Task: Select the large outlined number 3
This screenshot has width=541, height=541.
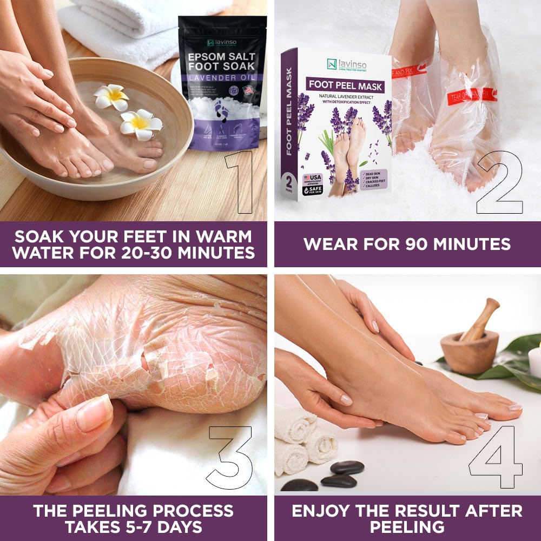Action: point(230,457)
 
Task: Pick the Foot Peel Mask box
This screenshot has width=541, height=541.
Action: point(335,124)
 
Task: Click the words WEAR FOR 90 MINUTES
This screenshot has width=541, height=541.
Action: point(407,244)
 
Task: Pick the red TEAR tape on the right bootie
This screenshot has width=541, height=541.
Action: point(471,96)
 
